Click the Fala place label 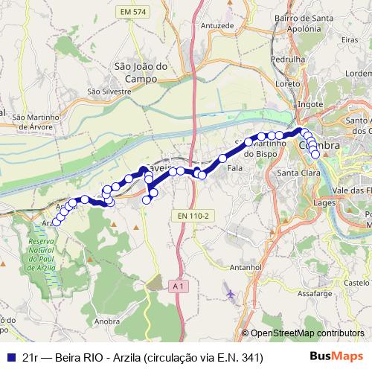click(x=236, y=169)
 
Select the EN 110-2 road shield click(x=195, y=216)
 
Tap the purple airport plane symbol click(x=230, y=295)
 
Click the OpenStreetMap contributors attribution click(x=307, y=334)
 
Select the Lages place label click(x=325, y=202)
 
